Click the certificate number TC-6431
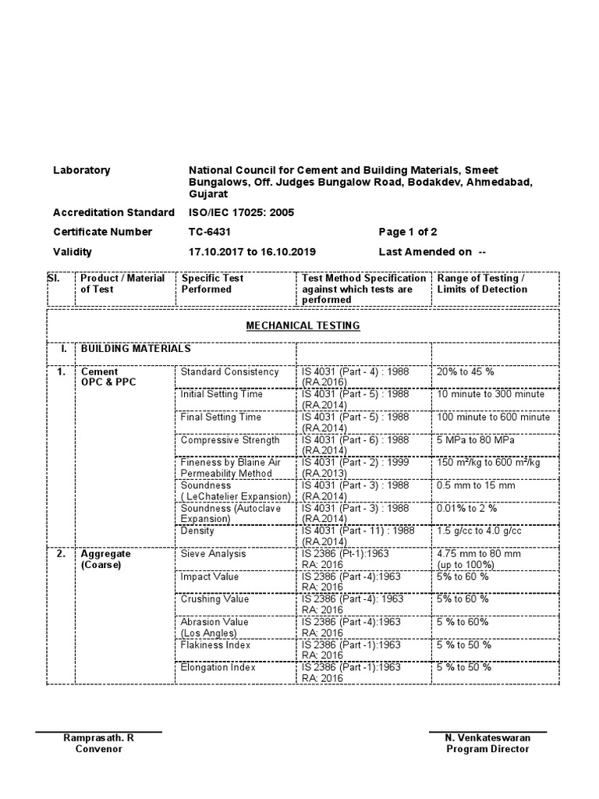point(210,232)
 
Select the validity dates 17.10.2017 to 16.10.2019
point(252,252)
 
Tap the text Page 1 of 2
point(408,232)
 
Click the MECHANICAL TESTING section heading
point(303,325)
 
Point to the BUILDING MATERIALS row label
point(136,349)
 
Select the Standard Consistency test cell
point(229,371)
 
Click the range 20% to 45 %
point(466,371)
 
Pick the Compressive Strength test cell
point(229,440)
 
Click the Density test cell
point(197,531)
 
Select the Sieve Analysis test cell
point(213,554)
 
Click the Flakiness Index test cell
point(215,645)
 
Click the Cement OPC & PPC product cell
point(108,377)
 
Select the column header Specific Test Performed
point(212,283)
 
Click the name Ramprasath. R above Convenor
point(98,737)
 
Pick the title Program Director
point(487,749)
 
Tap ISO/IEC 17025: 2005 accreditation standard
point(241,212)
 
